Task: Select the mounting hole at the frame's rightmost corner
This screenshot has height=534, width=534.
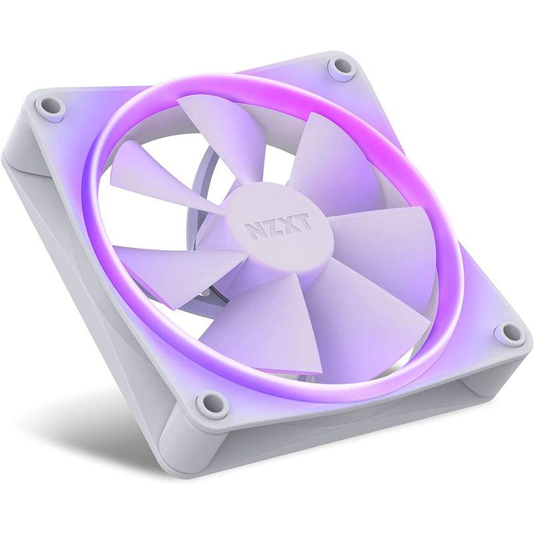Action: (x=509, y=332)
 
